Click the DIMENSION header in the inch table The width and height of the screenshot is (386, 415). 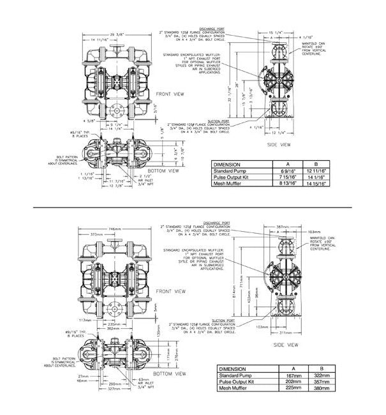pyautogui.click(x=228, y=165)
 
